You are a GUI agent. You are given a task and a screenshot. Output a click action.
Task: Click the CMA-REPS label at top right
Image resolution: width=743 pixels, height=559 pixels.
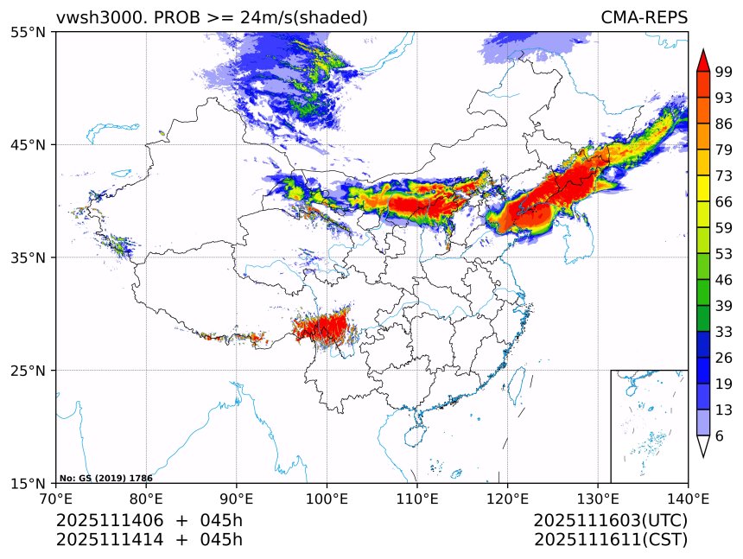[644, 17]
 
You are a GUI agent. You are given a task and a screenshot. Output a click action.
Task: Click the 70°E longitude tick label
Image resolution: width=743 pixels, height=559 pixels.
[56, 499]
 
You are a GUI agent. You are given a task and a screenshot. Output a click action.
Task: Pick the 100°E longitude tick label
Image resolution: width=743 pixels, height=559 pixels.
[327, 499]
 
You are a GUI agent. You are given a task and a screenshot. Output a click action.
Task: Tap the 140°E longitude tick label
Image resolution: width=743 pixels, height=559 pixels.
[688, 499]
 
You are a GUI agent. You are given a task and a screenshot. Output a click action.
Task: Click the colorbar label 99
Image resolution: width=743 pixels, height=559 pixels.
[723, 73]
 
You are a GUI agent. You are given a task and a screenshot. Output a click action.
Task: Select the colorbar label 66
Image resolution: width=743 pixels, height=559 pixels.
[723, 202]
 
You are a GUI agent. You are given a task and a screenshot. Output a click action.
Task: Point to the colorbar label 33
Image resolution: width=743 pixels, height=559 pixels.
[723, 332]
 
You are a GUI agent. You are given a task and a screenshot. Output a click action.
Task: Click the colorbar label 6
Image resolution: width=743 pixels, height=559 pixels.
[720, 436]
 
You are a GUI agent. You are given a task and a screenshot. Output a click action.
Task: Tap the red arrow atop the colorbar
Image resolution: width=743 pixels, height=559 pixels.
[703, 60]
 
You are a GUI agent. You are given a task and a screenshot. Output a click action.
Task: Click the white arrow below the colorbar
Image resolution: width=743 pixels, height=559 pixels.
[703, 446]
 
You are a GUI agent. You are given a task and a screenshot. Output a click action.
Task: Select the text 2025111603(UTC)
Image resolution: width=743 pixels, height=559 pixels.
[610, 521]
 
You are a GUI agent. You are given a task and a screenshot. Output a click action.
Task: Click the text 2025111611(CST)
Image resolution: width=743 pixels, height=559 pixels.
[610, 540]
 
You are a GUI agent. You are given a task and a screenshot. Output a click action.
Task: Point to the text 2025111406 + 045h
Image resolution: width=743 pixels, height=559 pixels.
[149, 521]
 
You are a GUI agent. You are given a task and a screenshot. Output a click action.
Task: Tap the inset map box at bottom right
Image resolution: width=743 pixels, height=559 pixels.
[649, 426]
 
